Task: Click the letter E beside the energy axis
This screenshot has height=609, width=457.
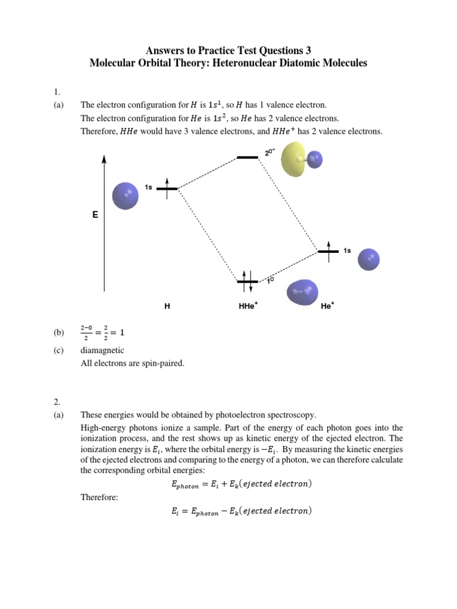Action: point(95,215)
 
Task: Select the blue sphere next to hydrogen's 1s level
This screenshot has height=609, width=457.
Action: point(126,196)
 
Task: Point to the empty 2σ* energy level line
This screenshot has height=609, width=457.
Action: point(248,158)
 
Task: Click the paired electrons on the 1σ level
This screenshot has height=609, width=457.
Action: point(248,281)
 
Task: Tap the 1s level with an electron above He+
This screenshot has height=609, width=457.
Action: point(328,251)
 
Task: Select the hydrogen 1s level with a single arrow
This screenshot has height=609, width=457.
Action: point(167,189)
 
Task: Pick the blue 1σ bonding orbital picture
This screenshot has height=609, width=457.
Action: point(303,292)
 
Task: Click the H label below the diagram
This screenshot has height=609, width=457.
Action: point(167,306)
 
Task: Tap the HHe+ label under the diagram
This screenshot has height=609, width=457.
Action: point(248,306)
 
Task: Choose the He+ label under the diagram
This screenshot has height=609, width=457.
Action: point(327,306)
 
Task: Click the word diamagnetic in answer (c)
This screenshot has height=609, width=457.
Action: point(102,350)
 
